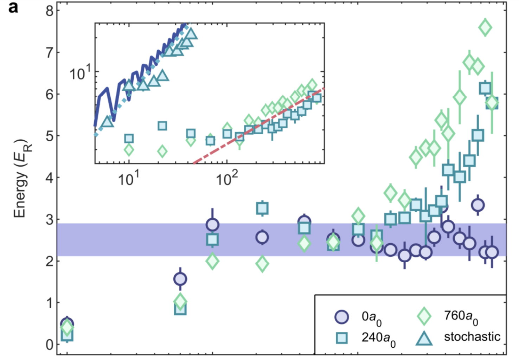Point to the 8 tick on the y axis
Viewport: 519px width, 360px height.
pos(49,11)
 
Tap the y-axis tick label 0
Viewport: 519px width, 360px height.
pos(49,345)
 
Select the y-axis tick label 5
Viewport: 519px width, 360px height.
pos(49,136)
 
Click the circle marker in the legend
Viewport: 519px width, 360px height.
pos(341,317)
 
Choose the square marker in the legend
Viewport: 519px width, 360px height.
pos(341,338)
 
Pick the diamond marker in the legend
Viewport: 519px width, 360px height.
pos(424,316)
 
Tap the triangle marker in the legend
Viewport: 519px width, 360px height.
pos(424,338)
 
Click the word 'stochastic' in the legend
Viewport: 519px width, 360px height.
pos(472,337)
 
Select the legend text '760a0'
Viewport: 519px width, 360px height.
pos(461,317)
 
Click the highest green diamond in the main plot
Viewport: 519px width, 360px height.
pos(485,27)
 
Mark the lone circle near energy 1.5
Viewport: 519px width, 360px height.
pos(180,279)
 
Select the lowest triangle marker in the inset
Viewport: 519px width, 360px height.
pos(107,121)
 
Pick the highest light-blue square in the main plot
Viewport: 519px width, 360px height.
pos(485,88)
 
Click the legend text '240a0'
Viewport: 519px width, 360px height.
pos(378,339)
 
